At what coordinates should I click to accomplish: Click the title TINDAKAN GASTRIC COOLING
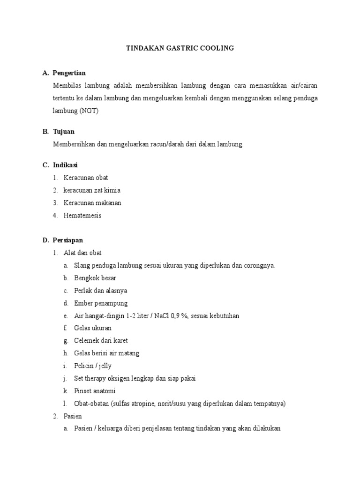tap(180, 48)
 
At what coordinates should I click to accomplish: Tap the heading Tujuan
tap(64, 132)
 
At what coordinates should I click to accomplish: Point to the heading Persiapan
tap(67, 240)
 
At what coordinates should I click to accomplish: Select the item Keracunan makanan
tap(92, 203)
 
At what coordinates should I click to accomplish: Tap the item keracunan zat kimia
tap(92, 190)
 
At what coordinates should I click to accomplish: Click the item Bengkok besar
tap(95, 278)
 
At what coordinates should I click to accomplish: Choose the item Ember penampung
tap(101, 303)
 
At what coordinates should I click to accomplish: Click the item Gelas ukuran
tap(93, 328)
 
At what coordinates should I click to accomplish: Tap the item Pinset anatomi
tap(95, 391)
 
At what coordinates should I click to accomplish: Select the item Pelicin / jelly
tap(93, 366)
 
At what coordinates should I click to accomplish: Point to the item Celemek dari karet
tap(101, 341)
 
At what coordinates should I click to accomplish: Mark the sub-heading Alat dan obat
tap(82, 253)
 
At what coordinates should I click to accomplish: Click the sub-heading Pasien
tap(73, 416)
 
